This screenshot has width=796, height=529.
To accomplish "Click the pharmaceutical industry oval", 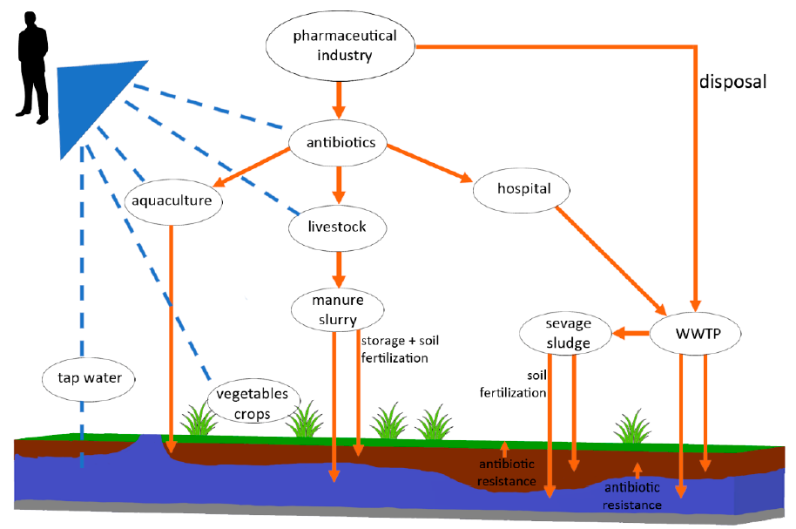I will pyautogui.click(x=334, y=46).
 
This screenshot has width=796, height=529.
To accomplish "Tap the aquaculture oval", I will pyautogui.click(x=173, y=202).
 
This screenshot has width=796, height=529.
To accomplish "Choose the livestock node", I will pyautogui.click(x=338, y=227).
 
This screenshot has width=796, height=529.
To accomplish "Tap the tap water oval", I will pyautogui.click(x=91, y=378).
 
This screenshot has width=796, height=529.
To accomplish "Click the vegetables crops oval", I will pyautogui.click(x=252, y=404).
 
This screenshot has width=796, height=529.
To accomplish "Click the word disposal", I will pyautogui.click(x=733, y=82).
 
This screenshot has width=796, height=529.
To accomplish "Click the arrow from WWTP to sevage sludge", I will pyautogui.click(x=632, y=333).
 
